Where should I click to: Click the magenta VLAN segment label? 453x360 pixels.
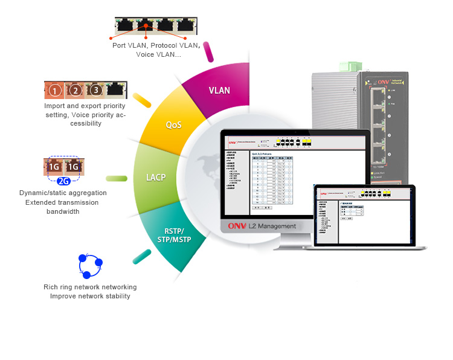pyautogui.click(x=219, y=91)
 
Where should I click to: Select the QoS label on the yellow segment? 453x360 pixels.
pyautogui.click(x=174, y=125)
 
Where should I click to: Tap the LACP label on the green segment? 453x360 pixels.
pyautogui.click(x=156, y=178)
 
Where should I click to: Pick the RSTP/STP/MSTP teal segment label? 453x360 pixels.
pyautogui.click(x=175, y=235)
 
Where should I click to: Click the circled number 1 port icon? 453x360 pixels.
pyautogui.click(x=55, y=91)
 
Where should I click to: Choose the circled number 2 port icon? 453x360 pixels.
pyautogui.click(x=75, y=91)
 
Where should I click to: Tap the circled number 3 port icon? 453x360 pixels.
pyautogui.click(x=95, y=91)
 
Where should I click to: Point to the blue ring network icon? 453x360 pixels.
pyautogui.click(x=90, y=265)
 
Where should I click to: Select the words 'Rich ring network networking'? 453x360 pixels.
pyautogui.click(x=90, y=287)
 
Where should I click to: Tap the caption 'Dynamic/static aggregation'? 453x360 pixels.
pyautogui.click(x=63, y=193)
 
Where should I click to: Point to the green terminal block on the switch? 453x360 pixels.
pyautogui.click(x=351, y=66)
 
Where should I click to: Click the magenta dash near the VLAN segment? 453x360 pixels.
pyautogui.click(x=209, y=51)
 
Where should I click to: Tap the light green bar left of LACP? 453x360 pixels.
pyautogui.click(x=117, y=178)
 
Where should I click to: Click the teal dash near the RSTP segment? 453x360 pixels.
pyautogui.click(x=142, y=256)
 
